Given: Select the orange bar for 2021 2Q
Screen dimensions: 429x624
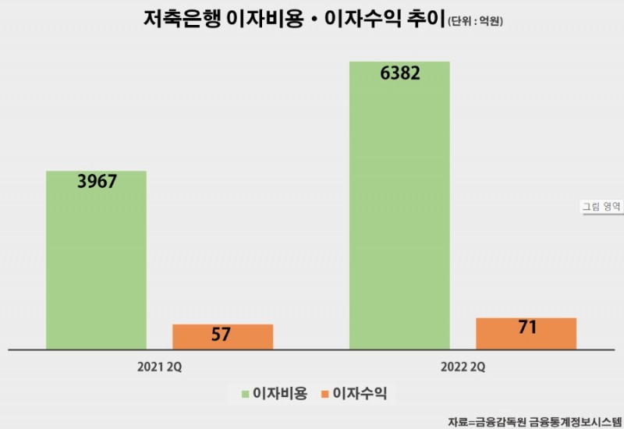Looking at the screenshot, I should [x=222, y=336].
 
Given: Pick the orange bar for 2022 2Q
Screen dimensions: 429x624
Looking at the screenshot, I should [x=526, y=333].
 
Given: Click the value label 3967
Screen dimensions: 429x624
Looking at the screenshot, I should [x=97, y=182].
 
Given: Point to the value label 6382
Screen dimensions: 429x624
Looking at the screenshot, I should [x=400, y=74].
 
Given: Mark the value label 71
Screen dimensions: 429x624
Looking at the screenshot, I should [x=526, y=328].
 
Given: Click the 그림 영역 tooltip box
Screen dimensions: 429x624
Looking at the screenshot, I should [x=601, y=207].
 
